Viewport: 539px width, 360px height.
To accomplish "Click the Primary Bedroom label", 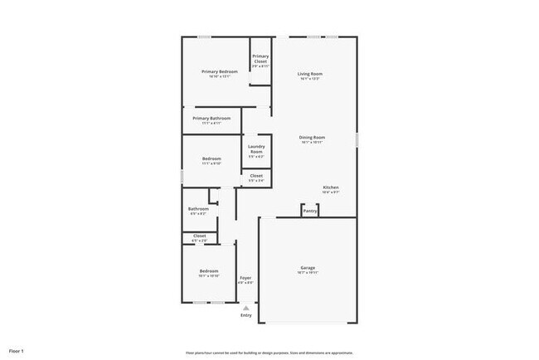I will click(220, 72).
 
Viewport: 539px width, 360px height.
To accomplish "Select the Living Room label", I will click(310, 75).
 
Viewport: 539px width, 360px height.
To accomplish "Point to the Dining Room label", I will click(312, 137).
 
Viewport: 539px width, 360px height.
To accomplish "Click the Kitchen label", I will click(330, 188).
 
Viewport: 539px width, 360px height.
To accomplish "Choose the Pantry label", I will click(310, 212).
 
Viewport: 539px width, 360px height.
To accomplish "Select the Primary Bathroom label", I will click(211, 119).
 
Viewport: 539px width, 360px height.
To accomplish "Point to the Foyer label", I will click(245, 278).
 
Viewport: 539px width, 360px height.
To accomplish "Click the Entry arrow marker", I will click(245, 308).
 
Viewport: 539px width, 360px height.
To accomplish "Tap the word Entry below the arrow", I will click(245, 315).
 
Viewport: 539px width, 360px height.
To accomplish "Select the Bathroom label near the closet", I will click(198, 209).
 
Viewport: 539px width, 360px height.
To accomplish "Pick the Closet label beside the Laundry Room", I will click(256, 176).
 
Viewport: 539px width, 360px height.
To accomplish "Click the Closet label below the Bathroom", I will click(200, 236).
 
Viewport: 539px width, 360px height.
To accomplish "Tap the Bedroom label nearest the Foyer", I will click(208, 271).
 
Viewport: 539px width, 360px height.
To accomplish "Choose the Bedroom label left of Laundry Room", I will click(211, 159).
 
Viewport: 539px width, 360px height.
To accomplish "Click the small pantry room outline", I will click(310, 208).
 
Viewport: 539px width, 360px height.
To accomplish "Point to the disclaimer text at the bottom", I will click(269, 352).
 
